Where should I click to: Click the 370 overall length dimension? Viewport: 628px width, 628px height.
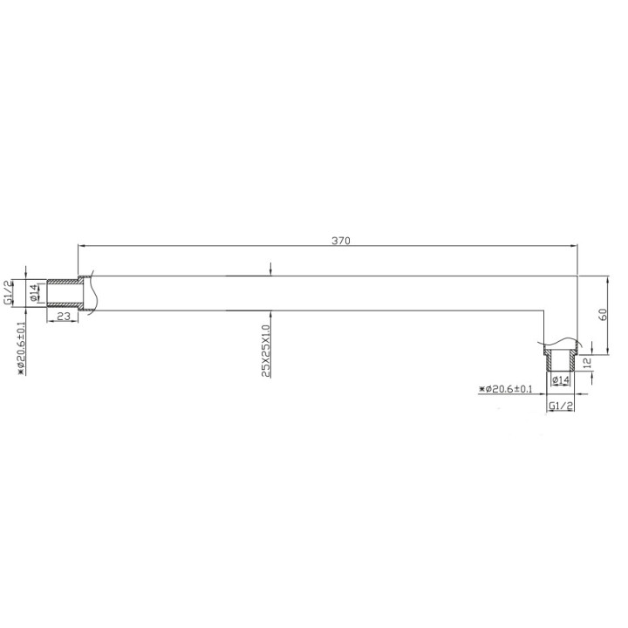(340, 241)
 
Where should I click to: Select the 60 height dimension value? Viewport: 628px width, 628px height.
(602, 315)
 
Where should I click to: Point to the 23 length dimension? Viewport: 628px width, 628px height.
(63, 316)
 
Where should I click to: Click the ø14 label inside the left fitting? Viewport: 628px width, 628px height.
(34, 293)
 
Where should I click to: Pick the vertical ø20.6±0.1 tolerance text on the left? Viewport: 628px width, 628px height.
(21, 346)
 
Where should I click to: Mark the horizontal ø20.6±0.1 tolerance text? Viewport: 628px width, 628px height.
(508, 388)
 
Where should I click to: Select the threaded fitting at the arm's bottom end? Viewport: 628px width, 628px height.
(558, 358)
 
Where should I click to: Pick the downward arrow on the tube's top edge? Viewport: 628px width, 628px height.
(272, 271)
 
